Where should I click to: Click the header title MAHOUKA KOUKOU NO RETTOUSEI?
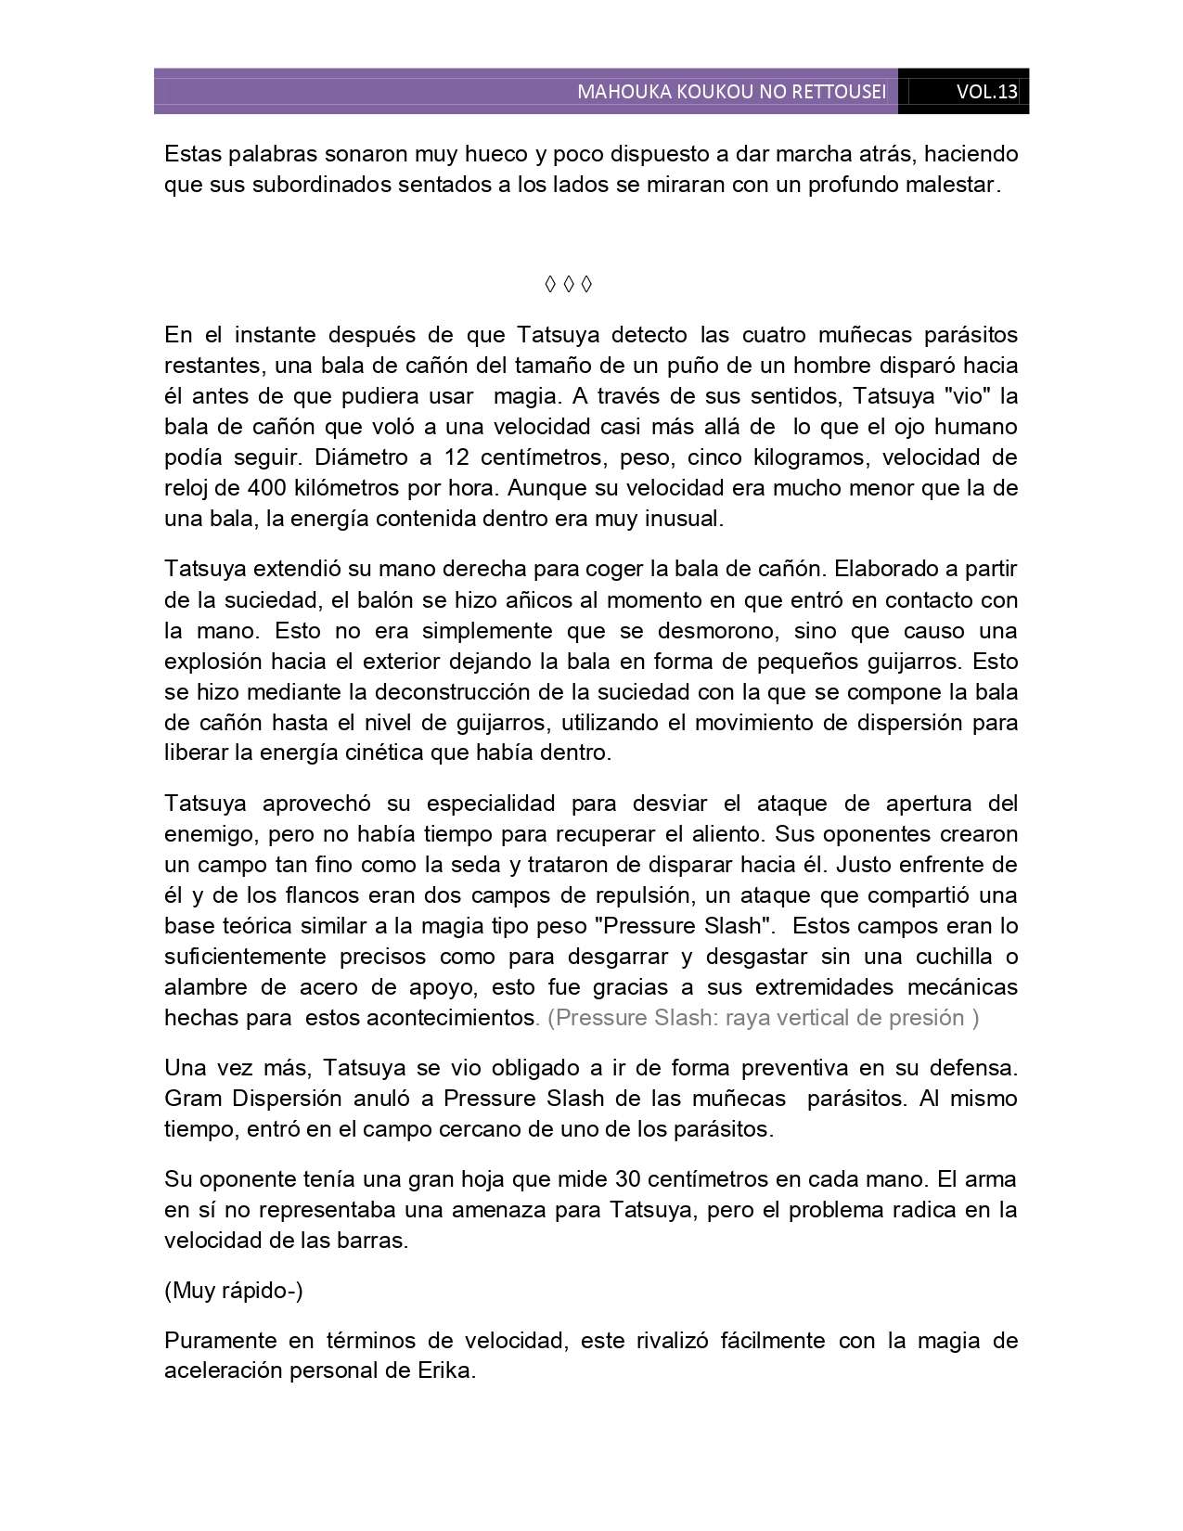click(x=731, y=92)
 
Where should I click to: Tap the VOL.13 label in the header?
click(x=986, y=92)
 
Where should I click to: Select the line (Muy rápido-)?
click(x=234, y=1291)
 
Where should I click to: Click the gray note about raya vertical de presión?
click(x=763, y=1018)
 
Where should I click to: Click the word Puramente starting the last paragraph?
click(x=220, y=1341)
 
